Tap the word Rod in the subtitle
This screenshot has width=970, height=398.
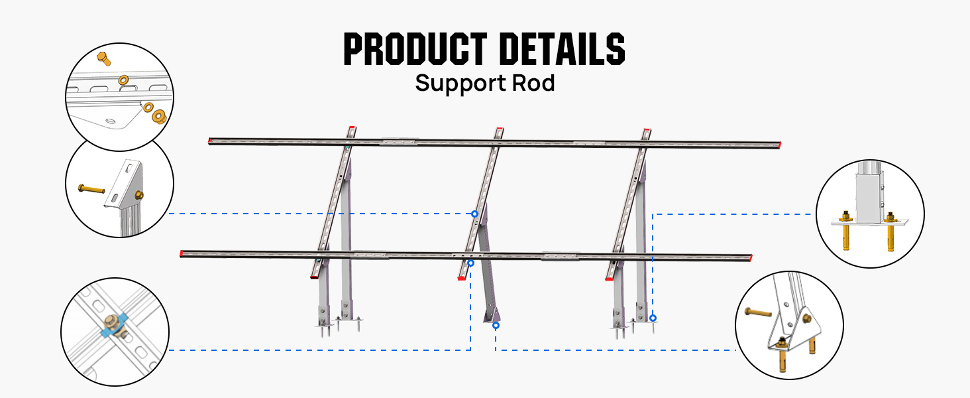[x=533, y=84]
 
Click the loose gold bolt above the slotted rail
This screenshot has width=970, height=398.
[x=103, y=58]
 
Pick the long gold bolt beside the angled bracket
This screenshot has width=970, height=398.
[x=91, y=190]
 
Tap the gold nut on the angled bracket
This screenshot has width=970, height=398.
[x=138, y=194]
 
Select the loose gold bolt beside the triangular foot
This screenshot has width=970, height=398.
[x=757, y=311]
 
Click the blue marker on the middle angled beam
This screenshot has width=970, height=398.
[x=475, y=214]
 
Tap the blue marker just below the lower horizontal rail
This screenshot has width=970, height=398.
[x=470, y=263]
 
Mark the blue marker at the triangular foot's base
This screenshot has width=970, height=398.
[x=496, y=326]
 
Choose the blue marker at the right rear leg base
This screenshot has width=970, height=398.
[x=653, y=318]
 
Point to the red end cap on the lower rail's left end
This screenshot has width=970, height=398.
[x=182, y=253]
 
